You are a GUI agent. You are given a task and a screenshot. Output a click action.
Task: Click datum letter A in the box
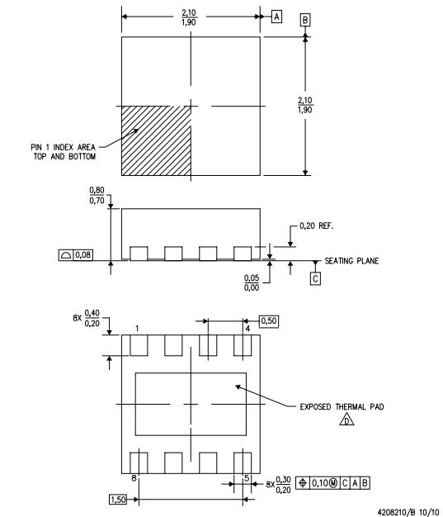pyautogui.click(x=277, y=17)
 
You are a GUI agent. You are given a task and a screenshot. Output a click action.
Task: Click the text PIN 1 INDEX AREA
pyautogui.click(x=60, y=147)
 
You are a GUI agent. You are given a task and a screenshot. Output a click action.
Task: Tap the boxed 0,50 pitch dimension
pyautogui.click(x=268, y=320)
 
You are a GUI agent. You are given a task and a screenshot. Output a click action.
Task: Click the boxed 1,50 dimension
pyautogui.click(x=120, y=500)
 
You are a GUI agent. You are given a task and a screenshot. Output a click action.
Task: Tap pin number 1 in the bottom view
pyautogui.click(x=137, y=328)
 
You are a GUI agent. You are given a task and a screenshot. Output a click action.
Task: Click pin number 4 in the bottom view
pyautogui.click(x=247, y=328)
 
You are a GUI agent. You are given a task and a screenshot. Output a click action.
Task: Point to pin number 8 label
pyautogui.click(x=134, y=477)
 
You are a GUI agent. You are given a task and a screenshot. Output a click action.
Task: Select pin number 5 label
pyautogui.click(x=247, y=477)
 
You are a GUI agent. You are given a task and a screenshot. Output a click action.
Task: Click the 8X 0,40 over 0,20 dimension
pyautogui.click(x=87, y=320)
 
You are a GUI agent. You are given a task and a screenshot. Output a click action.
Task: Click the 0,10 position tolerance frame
pyautogui.click(x=335, y=481)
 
